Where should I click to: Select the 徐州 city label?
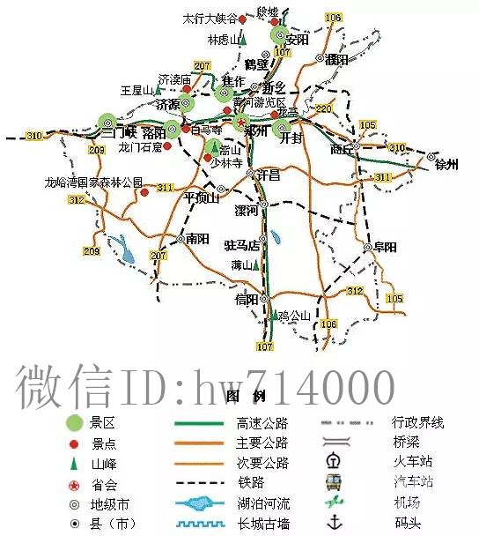[x=447, y=164]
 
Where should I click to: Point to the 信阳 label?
[x=247, y=300]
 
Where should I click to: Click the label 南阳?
[x=197, y=238]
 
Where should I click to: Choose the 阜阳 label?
[x=385, y=247]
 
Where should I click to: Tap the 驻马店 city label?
[x=242, y=245]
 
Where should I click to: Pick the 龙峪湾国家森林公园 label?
[x=93, y=182]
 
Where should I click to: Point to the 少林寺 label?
[x=224, y=162]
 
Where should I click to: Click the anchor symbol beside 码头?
[x=333, y=525]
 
